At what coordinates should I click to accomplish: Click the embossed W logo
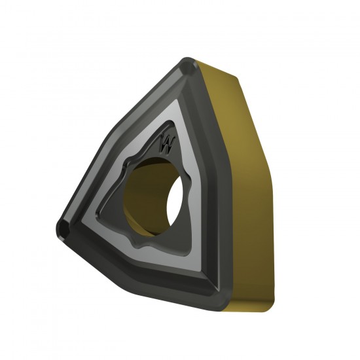pos(168,144)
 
